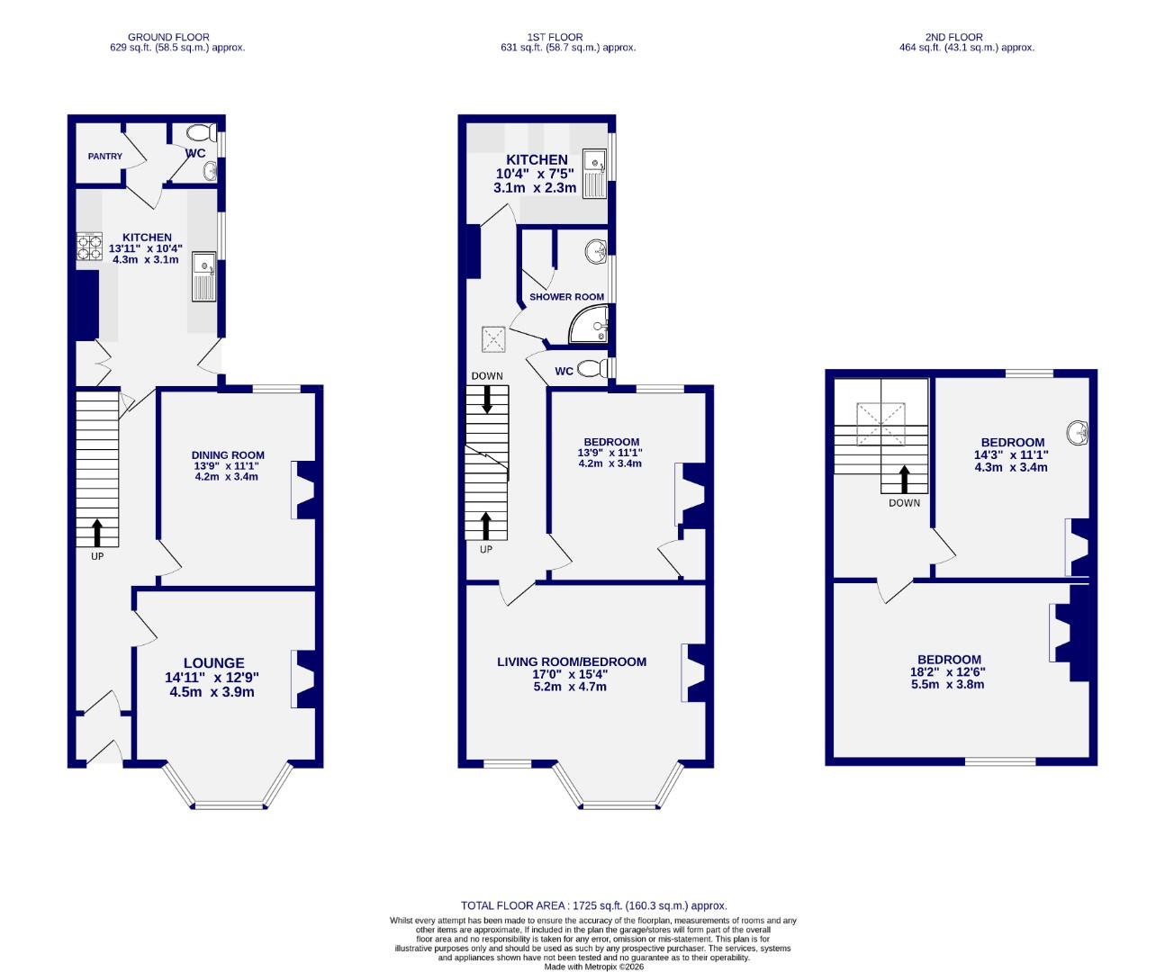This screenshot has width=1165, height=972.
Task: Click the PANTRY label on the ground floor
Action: pos(105,157)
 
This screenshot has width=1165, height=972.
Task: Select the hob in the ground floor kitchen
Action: pos(89,247)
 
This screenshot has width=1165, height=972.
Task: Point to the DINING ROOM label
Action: pos(228,455)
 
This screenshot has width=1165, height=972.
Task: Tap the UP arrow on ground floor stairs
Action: pos(96,533)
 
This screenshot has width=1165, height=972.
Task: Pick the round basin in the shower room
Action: pos(595,253)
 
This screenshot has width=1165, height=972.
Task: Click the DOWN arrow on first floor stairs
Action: pos(487,399)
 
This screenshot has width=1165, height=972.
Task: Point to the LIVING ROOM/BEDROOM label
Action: pos(572,662)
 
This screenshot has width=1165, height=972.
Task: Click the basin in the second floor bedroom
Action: pos(1079,434)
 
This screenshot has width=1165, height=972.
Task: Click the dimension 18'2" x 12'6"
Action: pos(949,671)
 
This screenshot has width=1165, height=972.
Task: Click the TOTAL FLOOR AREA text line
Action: pos(593,906)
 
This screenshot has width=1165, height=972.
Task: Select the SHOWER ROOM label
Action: pos(566,297)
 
